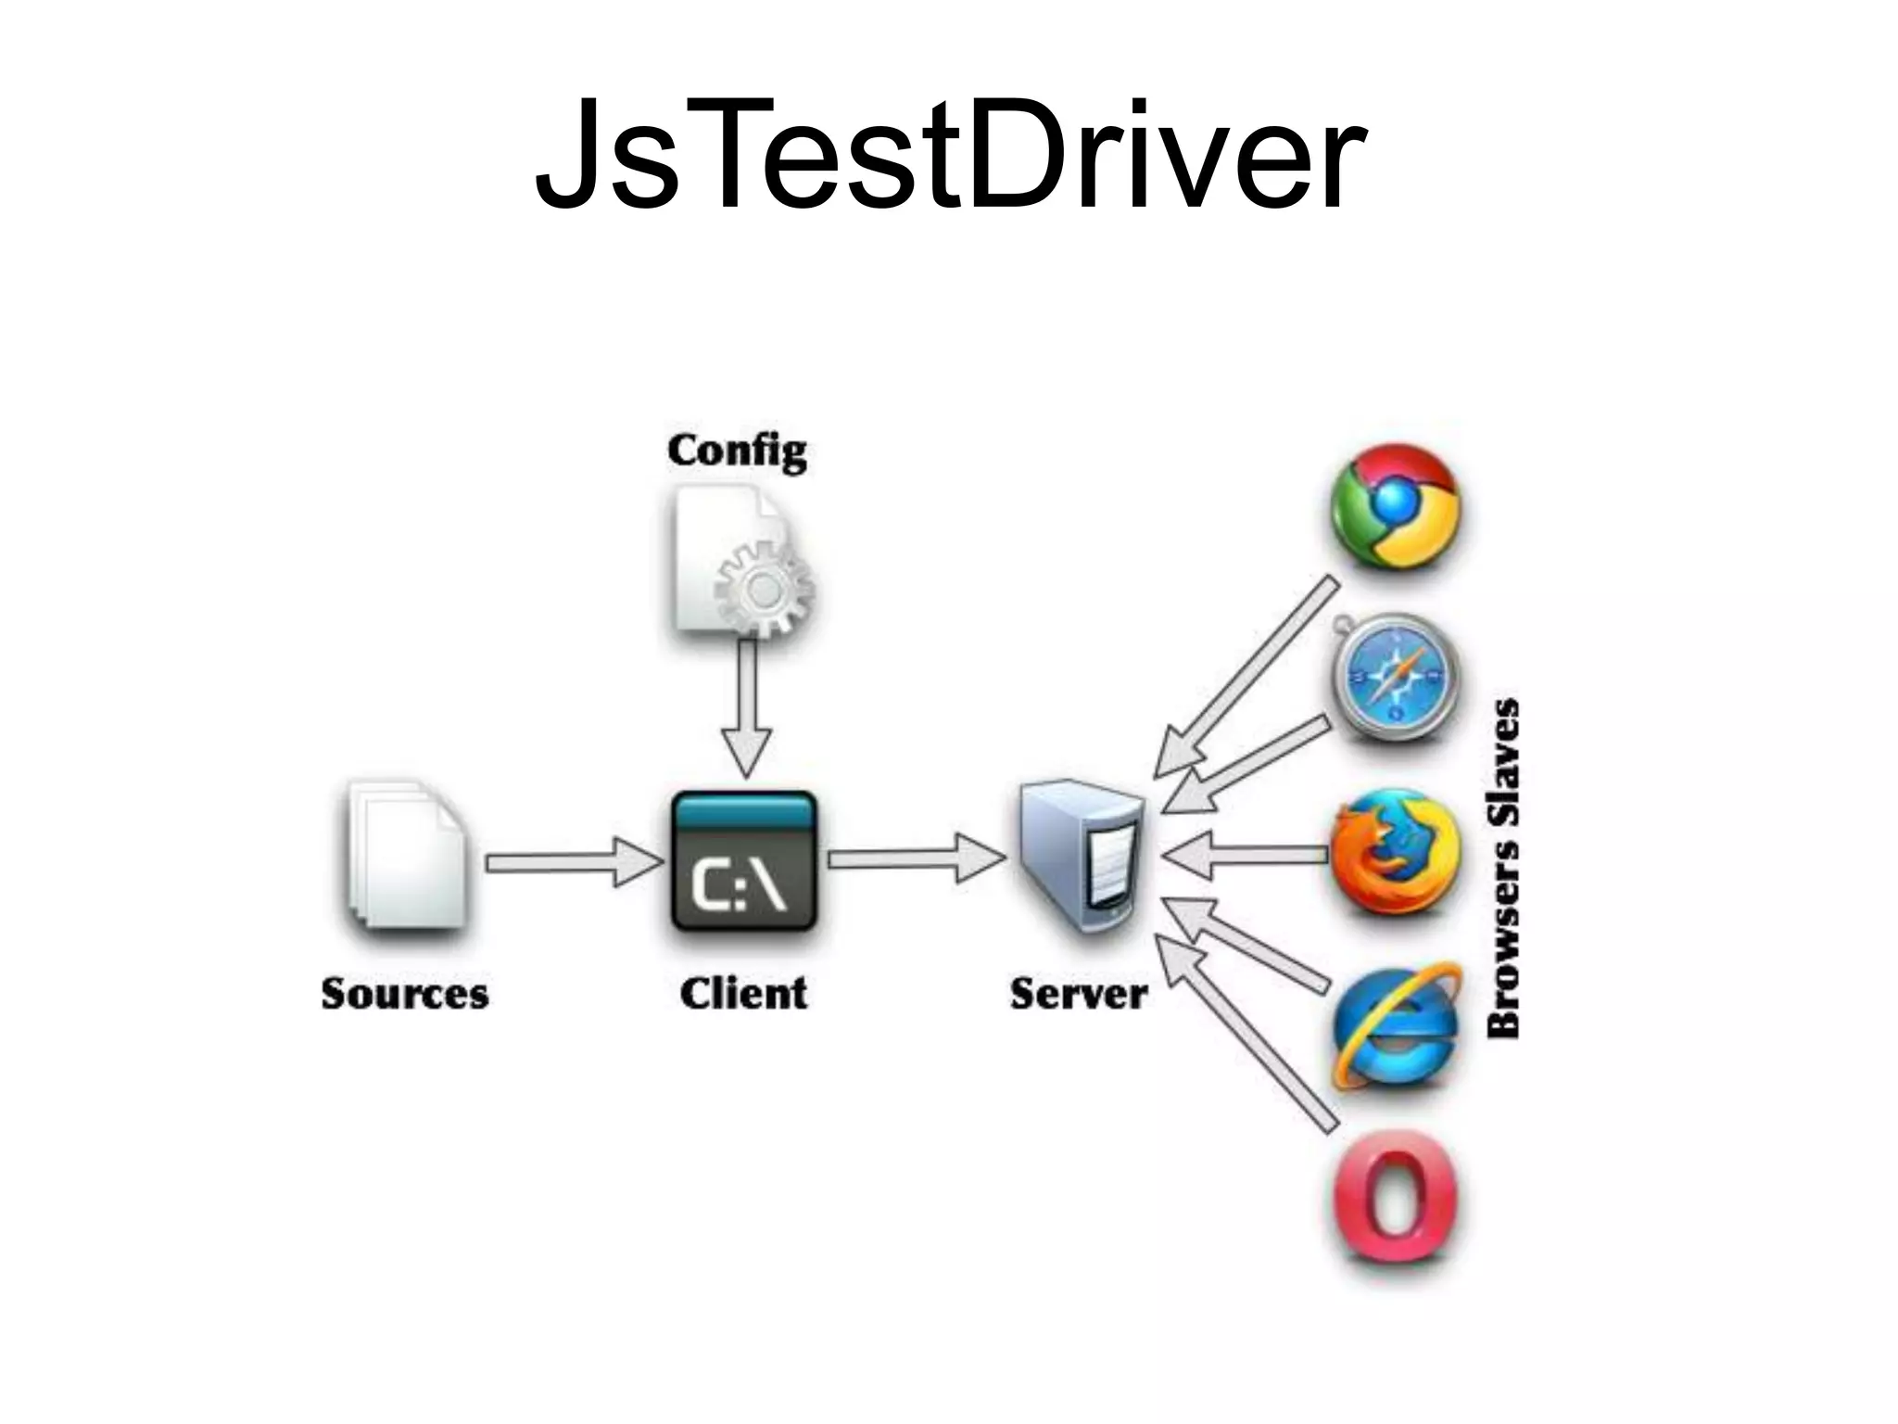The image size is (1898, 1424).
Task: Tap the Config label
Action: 737,452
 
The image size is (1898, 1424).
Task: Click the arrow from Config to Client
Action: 746,705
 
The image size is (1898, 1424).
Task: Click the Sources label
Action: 405,994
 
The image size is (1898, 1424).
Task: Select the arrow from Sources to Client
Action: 573,863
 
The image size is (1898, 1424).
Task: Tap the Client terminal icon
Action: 743,861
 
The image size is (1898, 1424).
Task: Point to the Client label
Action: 743,994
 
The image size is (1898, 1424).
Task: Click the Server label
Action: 1079,994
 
